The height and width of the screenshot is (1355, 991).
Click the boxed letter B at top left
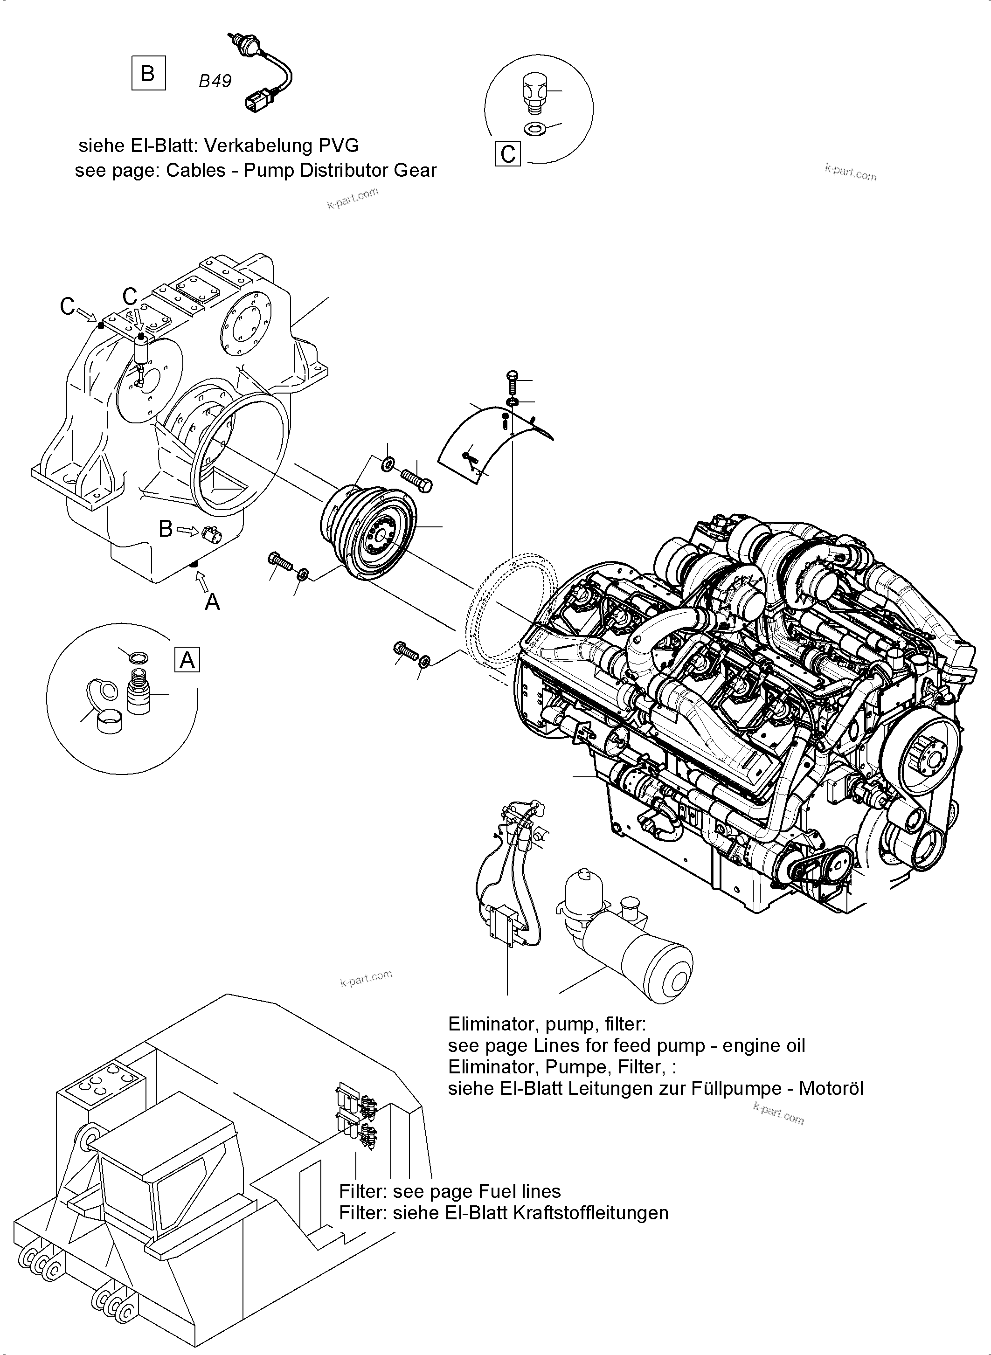point(148,73)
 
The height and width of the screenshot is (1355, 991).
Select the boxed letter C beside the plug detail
point(508,153)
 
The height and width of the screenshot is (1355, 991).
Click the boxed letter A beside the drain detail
point(187,660)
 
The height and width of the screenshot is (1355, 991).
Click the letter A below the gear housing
point(212,601)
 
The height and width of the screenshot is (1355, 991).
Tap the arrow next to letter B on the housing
point(188,530)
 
